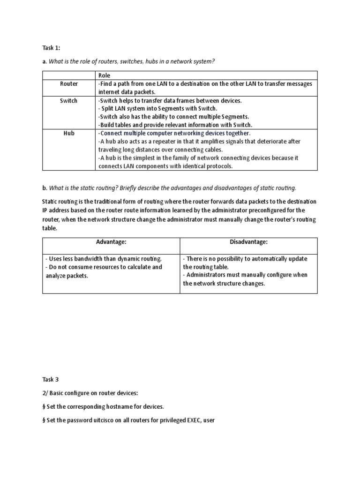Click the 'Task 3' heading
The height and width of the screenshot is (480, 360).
point(51,379)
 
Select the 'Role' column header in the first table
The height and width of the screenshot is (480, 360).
point(104,75)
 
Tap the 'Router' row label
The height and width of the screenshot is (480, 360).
point(69,84)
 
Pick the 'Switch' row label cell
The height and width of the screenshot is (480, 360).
point(69,101)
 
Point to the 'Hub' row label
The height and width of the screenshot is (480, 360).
point(69,133)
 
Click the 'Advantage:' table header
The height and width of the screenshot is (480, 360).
point(111,242)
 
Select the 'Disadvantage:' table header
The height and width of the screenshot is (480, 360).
point(248,242)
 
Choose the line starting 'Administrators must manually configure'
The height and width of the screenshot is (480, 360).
point(245,275)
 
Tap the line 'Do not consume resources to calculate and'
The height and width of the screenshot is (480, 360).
point(104,267)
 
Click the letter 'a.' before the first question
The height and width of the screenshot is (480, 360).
point(45,61)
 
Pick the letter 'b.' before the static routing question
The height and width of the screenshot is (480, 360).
point(45,188)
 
